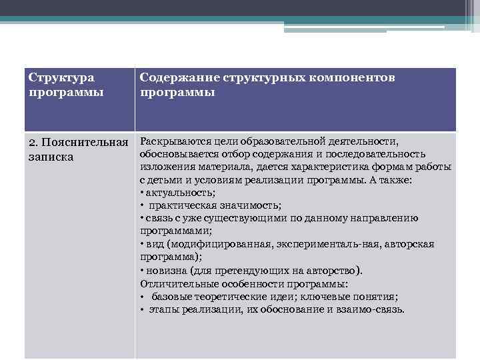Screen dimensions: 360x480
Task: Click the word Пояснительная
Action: tap(86, 143)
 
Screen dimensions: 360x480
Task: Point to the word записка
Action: tap(52, 157)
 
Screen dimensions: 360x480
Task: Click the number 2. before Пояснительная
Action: tap(35, 143)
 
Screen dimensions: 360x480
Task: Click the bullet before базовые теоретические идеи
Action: tap(143, 297)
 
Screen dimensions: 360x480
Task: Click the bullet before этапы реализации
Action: tap(143, 309)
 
